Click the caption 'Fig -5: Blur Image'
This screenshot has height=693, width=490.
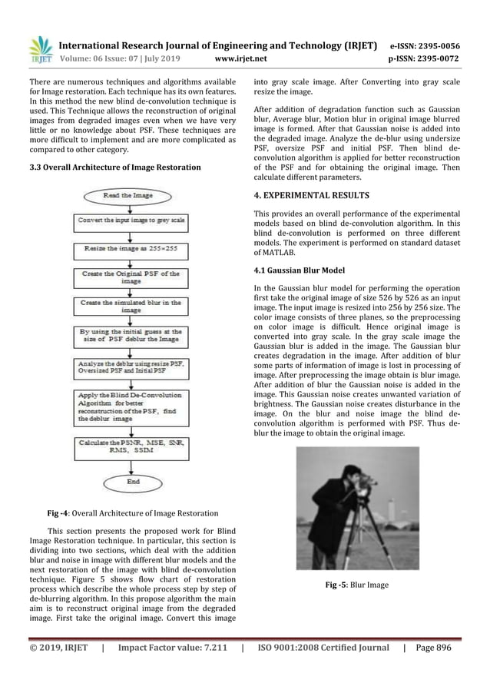[x=358, y=585]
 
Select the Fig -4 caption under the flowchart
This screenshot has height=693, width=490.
[x=131, y=512]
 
